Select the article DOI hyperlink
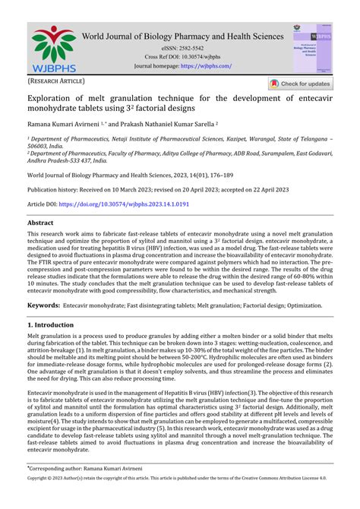tap(124, 205)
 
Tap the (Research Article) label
tap(57, 81)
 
